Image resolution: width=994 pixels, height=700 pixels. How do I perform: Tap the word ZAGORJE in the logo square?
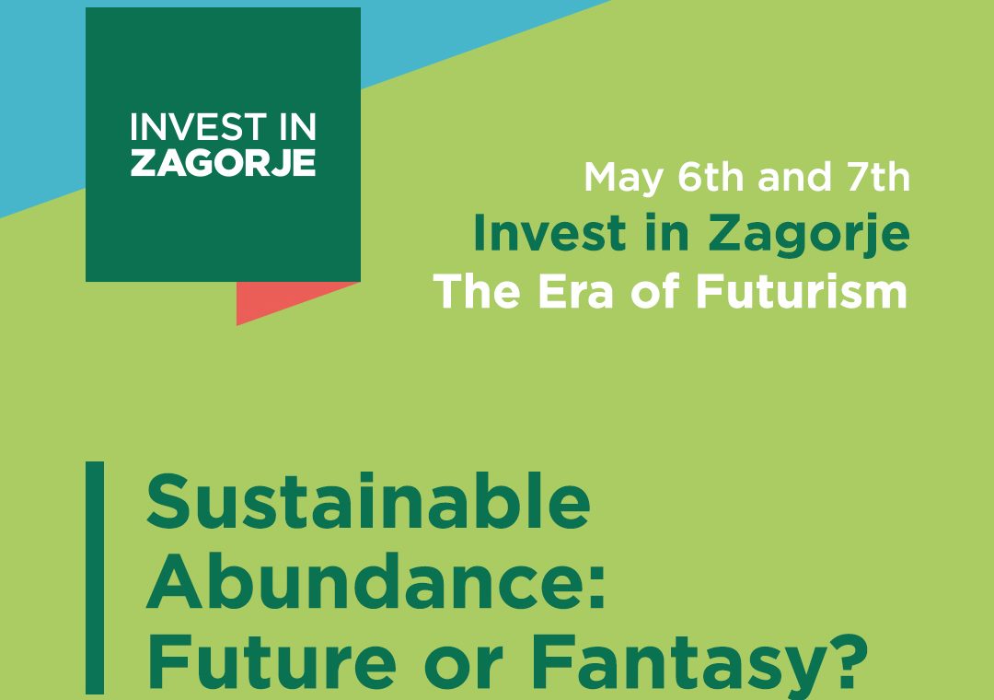(x=223, y=163)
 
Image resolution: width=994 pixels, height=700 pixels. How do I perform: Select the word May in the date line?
(x=623, y=179)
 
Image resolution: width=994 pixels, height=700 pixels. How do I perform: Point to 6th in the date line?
(x=711, y=177)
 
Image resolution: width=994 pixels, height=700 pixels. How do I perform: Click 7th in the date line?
(x=879, y=177)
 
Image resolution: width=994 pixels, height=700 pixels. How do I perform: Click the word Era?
(x=575, y=292)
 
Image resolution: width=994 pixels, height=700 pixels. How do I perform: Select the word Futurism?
(x=802, y=291)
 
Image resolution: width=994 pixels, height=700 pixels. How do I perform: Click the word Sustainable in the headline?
(x=367, y=501)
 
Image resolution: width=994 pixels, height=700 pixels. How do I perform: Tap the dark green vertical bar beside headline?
(x=95, y=577)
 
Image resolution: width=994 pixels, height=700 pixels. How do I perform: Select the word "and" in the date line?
(x=794, y=177)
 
